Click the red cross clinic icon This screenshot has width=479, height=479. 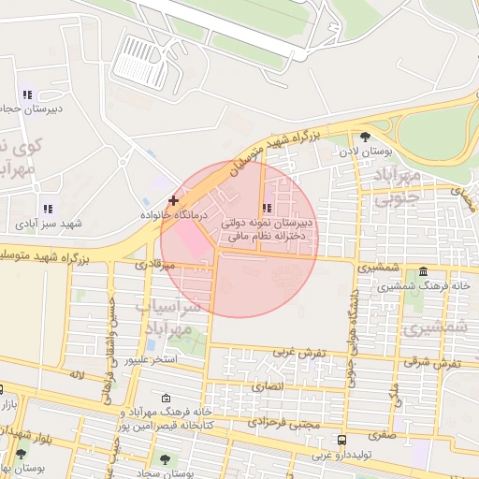172,200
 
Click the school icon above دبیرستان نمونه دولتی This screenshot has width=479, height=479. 268,208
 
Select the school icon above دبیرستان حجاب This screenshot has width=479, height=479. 27,94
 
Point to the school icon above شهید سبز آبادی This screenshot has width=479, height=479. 47,210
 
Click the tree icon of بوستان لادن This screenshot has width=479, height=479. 377,137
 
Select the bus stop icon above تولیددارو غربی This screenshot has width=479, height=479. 342,440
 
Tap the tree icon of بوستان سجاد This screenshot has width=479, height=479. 166,459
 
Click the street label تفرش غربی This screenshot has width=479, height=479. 298,353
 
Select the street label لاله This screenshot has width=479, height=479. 77,374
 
